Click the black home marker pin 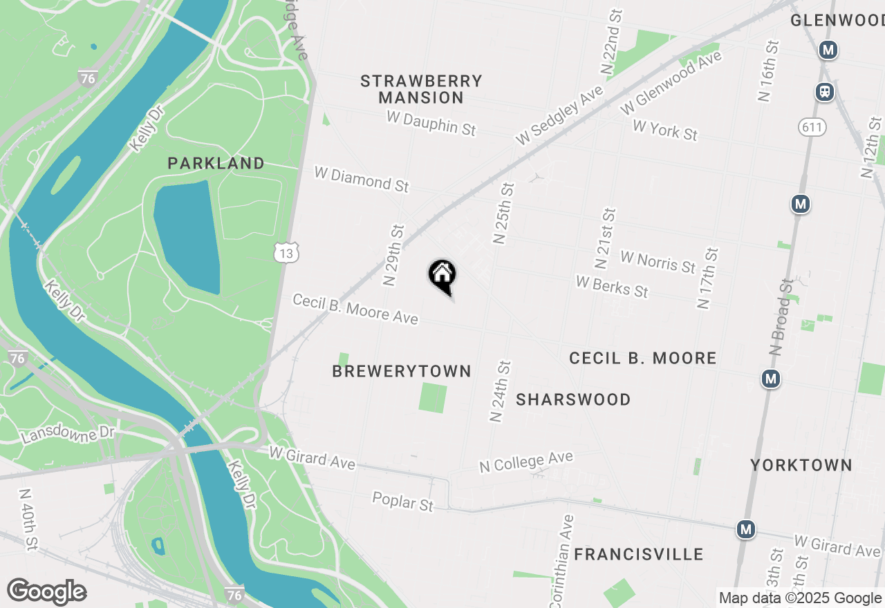point(442,276)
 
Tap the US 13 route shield point(286,254)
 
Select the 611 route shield point(812,126)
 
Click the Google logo point(46,592)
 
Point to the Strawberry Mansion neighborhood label point(421,89)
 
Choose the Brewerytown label point(402,372)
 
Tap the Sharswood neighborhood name point(573,400)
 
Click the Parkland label point(216,164)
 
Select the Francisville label point(639,554)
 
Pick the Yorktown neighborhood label point(801,465)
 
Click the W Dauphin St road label point(431,123)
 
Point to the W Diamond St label point(362,178)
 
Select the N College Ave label point(526,462)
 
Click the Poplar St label point(403,501)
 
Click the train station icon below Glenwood point(824,91)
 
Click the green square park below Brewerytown point(433,399)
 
